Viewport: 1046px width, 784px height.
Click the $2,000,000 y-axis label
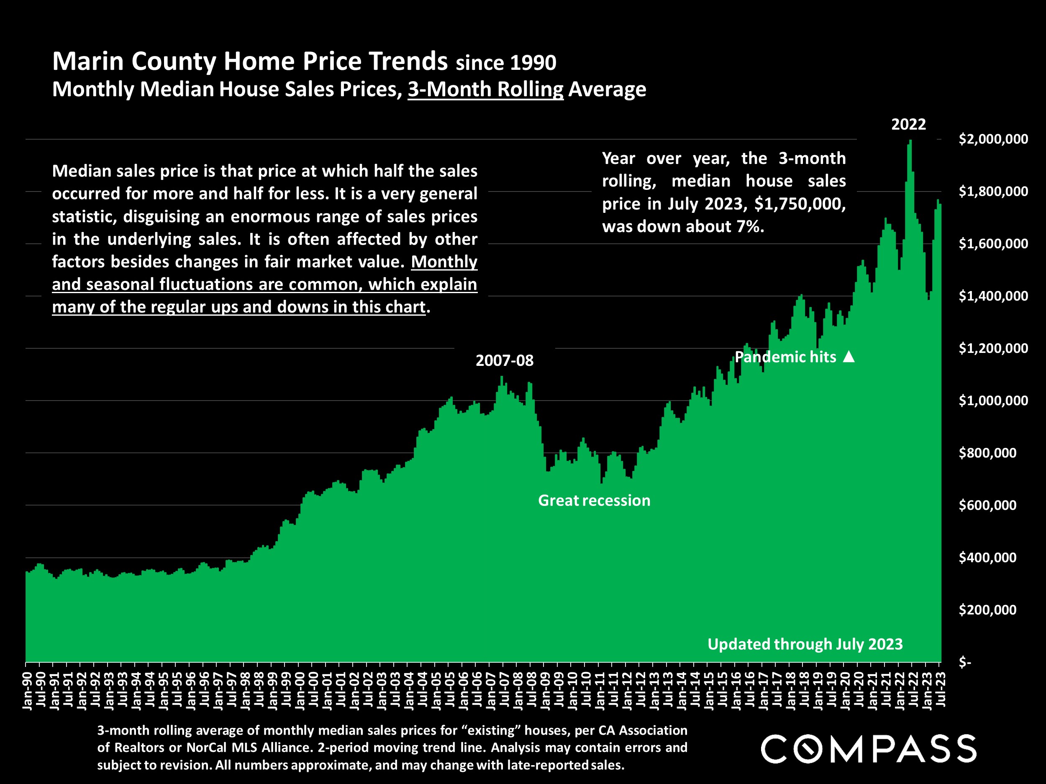pos(993,139)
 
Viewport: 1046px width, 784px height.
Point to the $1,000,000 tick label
pos(993,401)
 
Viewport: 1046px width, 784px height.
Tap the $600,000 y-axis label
pos(987,505)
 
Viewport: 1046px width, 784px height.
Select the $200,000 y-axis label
pos(987,610)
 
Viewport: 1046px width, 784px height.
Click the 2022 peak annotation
pos(908,125)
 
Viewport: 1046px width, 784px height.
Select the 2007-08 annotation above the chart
pos(504,360)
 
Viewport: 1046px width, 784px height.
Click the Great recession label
pos(594,501)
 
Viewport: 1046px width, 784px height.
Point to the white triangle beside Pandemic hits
pos(849,356)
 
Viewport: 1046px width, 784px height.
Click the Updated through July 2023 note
pos(805,644)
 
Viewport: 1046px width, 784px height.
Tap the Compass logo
pos(868,748)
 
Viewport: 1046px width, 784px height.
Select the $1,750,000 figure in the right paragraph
pos(800,204)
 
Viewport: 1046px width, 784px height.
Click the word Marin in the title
pos(87,61)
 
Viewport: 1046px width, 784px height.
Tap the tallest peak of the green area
pos(910,141)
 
